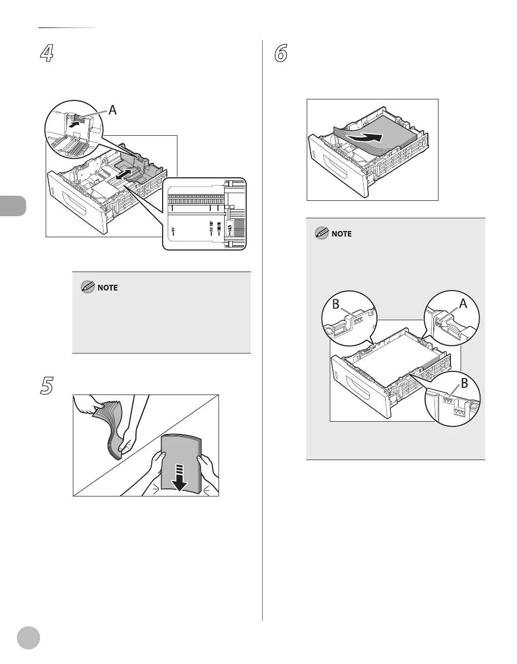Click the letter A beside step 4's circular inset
(x=112, y=109)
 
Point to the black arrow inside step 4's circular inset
(x=75, y=123)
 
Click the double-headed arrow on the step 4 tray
(x=124, y=175)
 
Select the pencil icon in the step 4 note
(x=88, y=287)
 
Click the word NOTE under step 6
(x=342, y=234)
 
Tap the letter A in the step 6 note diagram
(x=463, y=304)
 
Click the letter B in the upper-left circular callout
(x=336, y=304)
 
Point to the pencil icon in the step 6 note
(x=322, y=234)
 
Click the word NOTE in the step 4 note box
(x=107, y=288)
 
